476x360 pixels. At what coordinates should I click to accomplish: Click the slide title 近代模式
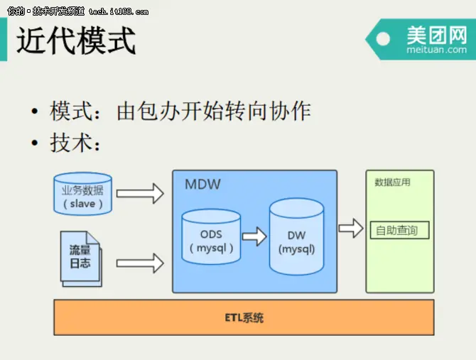click(x=76, y=40)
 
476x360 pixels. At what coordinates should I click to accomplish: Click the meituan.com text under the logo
click(x=436, y=50)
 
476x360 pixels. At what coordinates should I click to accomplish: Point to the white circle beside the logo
click(x=383, y=39)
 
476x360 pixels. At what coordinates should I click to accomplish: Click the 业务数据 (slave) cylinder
click(x=82, y=194)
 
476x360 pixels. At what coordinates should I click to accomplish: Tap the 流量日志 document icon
click(x=80, y=257)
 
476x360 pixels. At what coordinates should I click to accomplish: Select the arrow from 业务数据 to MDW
click(x=139, y=192)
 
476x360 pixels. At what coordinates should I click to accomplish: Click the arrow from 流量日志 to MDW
click(x=139, y=263)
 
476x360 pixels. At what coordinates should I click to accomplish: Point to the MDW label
click(x=202, y=185)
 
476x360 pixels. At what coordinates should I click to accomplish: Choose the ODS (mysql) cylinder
click(x=211, y=237)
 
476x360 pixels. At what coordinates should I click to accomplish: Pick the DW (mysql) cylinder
click(x=296, y=237)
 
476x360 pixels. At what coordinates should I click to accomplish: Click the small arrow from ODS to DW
click(x=254, y=236)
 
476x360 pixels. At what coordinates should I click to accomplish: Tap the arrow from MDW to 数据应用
click(x=350, y=228)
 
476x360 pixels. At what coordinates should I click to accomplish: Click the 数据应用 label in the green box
click(x=392, y=182)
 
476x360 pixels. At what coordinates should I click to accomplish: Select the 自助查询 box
click(x=399, y=230)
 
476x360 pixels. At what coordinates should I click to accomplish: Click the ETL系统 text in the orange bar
click(x=243, y=317)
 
